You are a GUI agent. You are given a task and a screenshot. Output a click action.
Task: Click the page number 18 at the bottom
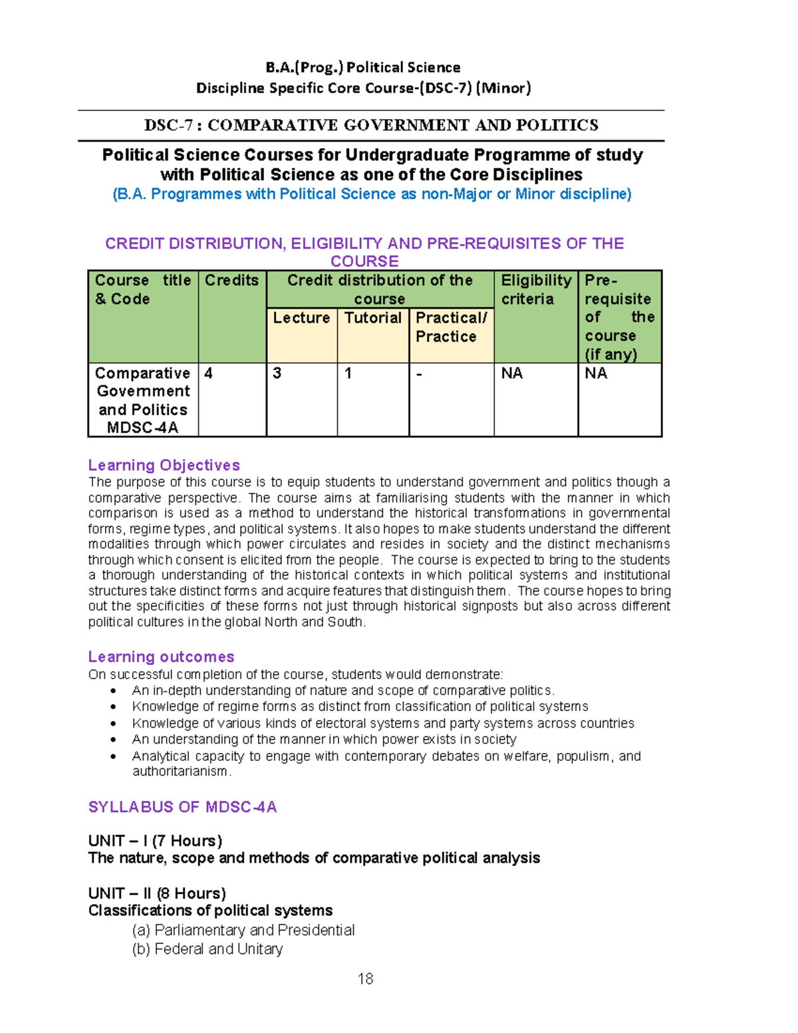pos(365,978)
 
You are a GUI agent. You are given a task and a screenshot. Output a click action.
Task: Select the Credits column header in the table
pos(231,281)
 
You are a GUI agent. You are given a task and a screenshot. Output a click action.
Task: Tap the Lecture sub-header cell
pos(301,318)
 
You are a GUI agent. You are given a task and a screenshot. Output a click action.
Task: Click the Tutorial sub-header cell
pos(372,318)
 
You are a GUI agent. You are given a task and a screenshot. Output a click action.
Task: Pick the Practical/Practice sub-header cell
pos(451,327)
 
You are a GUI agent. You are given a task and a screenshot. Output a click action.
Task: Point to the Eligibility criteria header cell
pos(536,290)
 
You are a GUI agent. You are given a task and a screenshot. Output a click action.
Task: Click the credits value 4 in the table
pos(209,373)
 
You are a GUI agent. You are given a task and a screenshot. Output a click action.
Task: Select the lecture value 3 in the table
pos(277,373)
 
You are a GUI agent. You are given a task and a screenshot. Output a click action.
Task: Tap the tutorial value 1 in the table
pos(348,373)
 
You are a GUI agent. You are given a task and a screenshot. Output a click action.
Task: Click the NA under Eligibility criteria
pos(511,373)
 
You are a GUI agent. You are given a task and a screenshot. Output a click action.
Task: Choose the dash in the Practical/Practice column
pos(419,373)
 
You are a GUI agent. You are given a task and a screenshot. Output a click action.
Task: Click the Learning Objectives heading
pos(164,465)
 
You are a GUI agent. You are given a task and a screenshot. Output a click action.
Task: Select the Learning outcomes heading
pos(161,657)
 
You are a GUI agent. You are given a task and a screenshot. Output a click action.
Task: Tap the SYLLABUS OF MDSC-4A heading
pos(182,807)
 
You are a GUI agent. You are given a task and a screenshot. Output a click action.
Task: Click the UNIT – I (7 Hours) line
pos(155,841)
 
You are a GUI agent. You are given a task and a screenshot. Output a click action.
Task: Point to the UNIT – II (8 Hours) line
pos(157,893)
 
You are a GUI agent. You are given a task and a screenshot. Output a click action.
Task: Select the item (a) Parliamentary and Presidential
pos(243,930)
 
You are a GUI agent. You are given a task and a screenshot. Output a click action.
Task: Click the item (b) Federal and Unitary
pos(207,949)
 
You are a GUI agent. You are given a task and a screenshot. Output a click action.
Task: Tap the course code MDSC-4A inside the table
pos(142,428)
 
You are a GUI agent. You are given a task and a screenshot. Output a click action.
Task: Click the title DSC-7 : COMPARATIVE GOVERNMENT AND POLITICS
pos(371,125)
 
